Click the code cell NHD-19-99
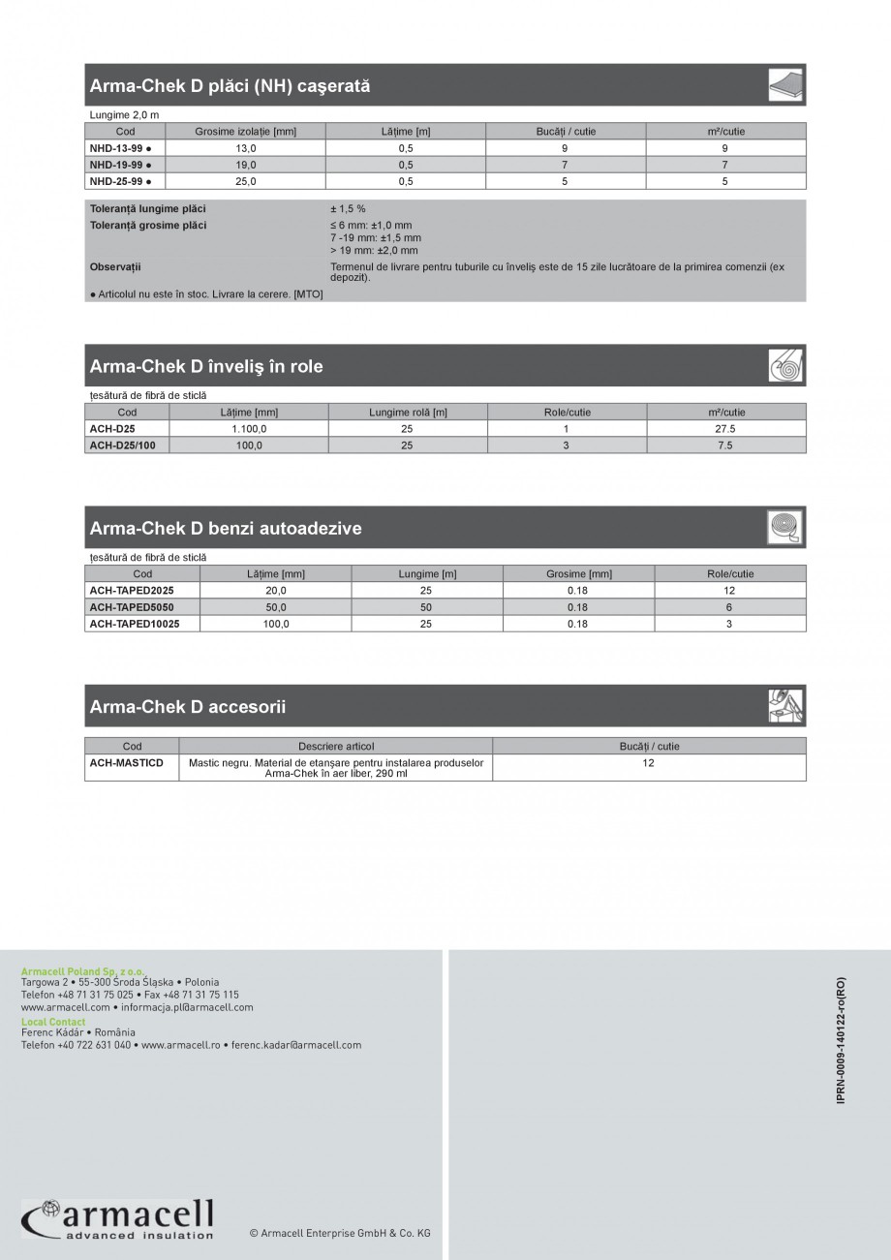(x=121, y=165)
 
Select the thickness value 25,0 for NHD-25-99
(x=246, y=181)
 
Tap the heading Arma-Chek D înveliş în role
(x=206, y=366)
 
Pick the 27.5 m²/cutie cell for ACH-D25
(x=725, y=429)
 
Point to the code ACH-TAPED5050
(x=131, y=607)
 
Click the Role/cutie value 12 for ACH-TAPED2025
(x=729, y=590)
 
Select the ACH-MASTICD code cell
(x=127, y=763)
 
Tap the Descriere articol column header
(x=335, y=747)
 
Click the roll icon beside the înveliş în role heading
(x=785, y=366)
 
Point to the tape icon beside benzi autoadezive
(x=785, y=528)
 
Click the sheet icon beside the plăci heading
(x=785, y=85)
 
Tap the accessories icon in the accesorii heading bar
(x=785, y=706)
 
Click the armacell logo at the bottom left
(x=117, y=1218)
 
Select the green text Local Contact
(x=53, y=1022)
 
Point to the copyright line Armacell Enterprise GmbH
(x=340, y=1233)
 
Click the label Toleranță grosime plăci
(x=148, y=226)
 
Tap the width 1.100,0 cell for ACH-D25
(x=249, y=429)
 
